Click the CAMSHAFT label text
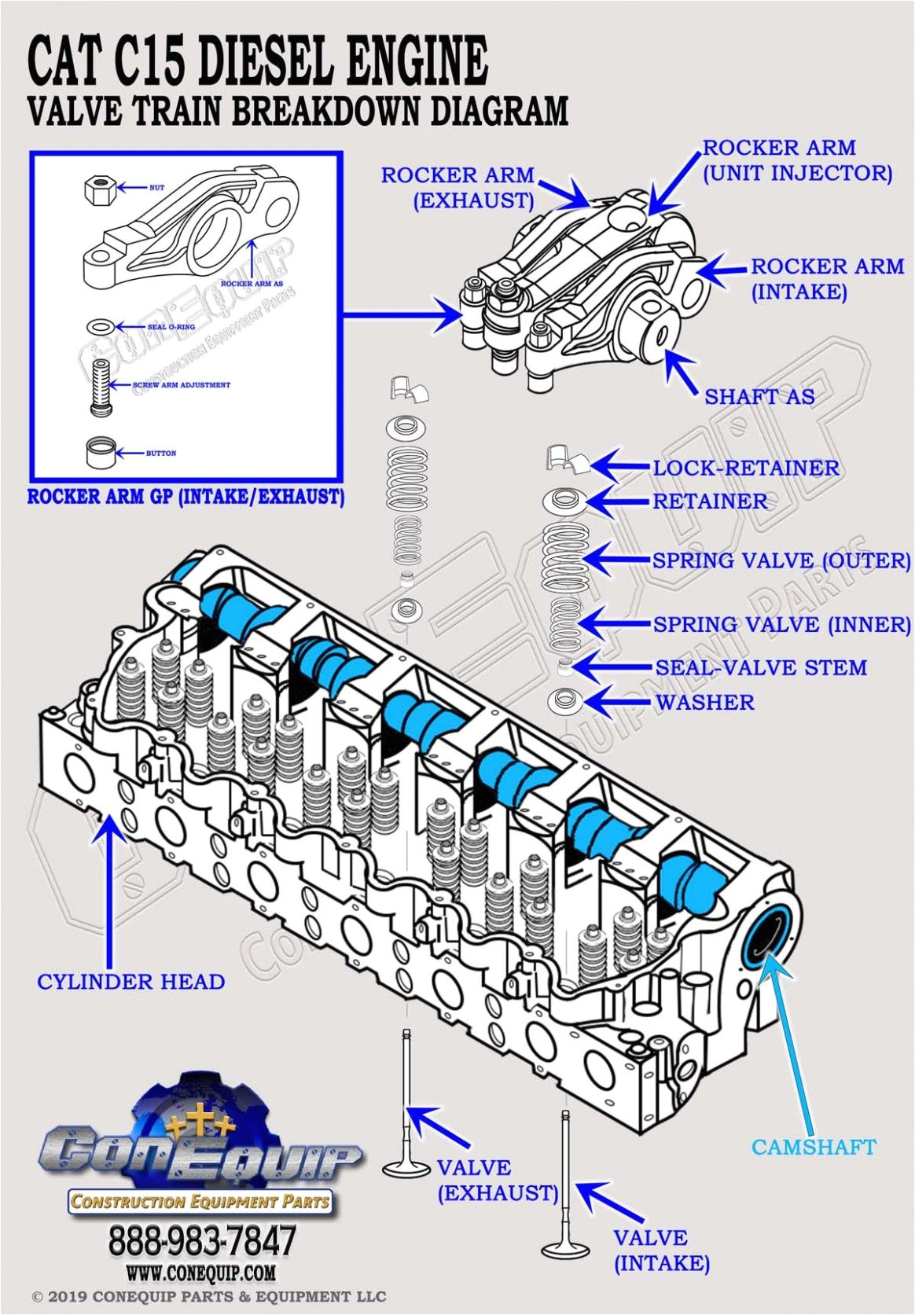pyautogui.click(x=813, y=1147)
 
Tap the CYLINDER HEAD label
pyautogui.click(x=131, y=982)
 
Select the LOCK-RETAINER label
pyautogui.click(x=745, y=468)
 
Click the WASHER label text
pyautogui.click(x=704, y=703)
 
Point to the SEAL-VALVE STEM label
pyautogui.click(x=760, y=668)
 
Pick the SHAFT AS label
pyautogui.click(x=759, y=397)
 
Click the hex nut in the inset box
pyautogui.click(x=99, y=189)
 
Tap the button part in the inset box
pyautogui.click(x=101, y=454)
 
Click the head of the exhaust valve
pyautogui.click(x=406, y=1166)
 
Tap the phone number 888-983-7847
pyautogui.click(x=201, y=1241)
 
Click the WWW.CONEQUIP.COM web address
pyautogui.click(x=201, y=1272)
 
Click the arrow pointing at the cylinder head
pyautogui.click(x=108, y=880)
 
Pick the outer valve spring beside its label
pyautogui.click(x=564, y=560)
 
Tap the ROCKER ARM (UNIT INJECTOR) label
pyautogui.click(x=796, y=160)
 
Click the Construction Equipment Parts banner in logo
pyautogui.click(x=200, y=1201)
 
